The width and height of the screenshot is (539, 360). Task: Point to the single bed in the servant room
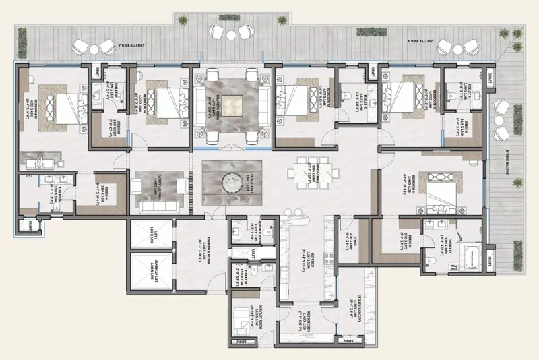tap(243, 316)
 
